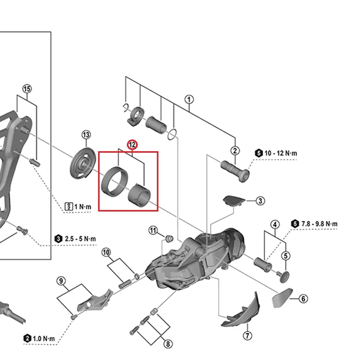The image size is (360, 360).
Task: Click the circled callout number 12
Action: pyautogui.click(x=132, y=145)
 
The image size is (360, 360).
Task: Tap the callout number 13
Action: pyautogui.click(x=86, y=135)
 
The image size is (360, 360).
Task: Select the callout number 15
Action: pyautogui.click(x=27, y=89)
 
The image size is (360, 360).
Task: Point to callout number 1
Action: pyautogui.click(x=189, y=99)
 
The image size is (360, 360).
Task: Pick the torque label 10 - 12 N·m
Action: pyautogui.click(x=281, y=153)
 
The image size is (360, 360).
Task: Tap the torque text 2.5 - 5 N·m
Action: pyautogui.click(x=80, y=239)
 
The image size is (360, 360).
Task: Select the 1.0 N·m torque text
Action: pyautogui.click(x=44, y=339)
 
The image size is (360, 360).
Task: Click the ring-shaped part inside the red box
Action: pyautogui.click(x=112, y=181)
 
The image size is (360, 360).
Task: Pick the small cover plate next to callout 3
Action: pyautogui.click(x=233, y=200)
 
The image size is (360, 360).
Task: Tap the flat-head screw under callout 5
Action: pyautogui.click(x=284, y=276)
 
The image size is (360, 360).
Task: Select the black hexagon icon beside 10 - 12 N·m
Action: pyautogui.click(x=259, y=153)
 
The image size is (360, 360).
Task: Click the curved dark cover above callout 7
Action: pyautogui.click(x=243, y=312)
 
